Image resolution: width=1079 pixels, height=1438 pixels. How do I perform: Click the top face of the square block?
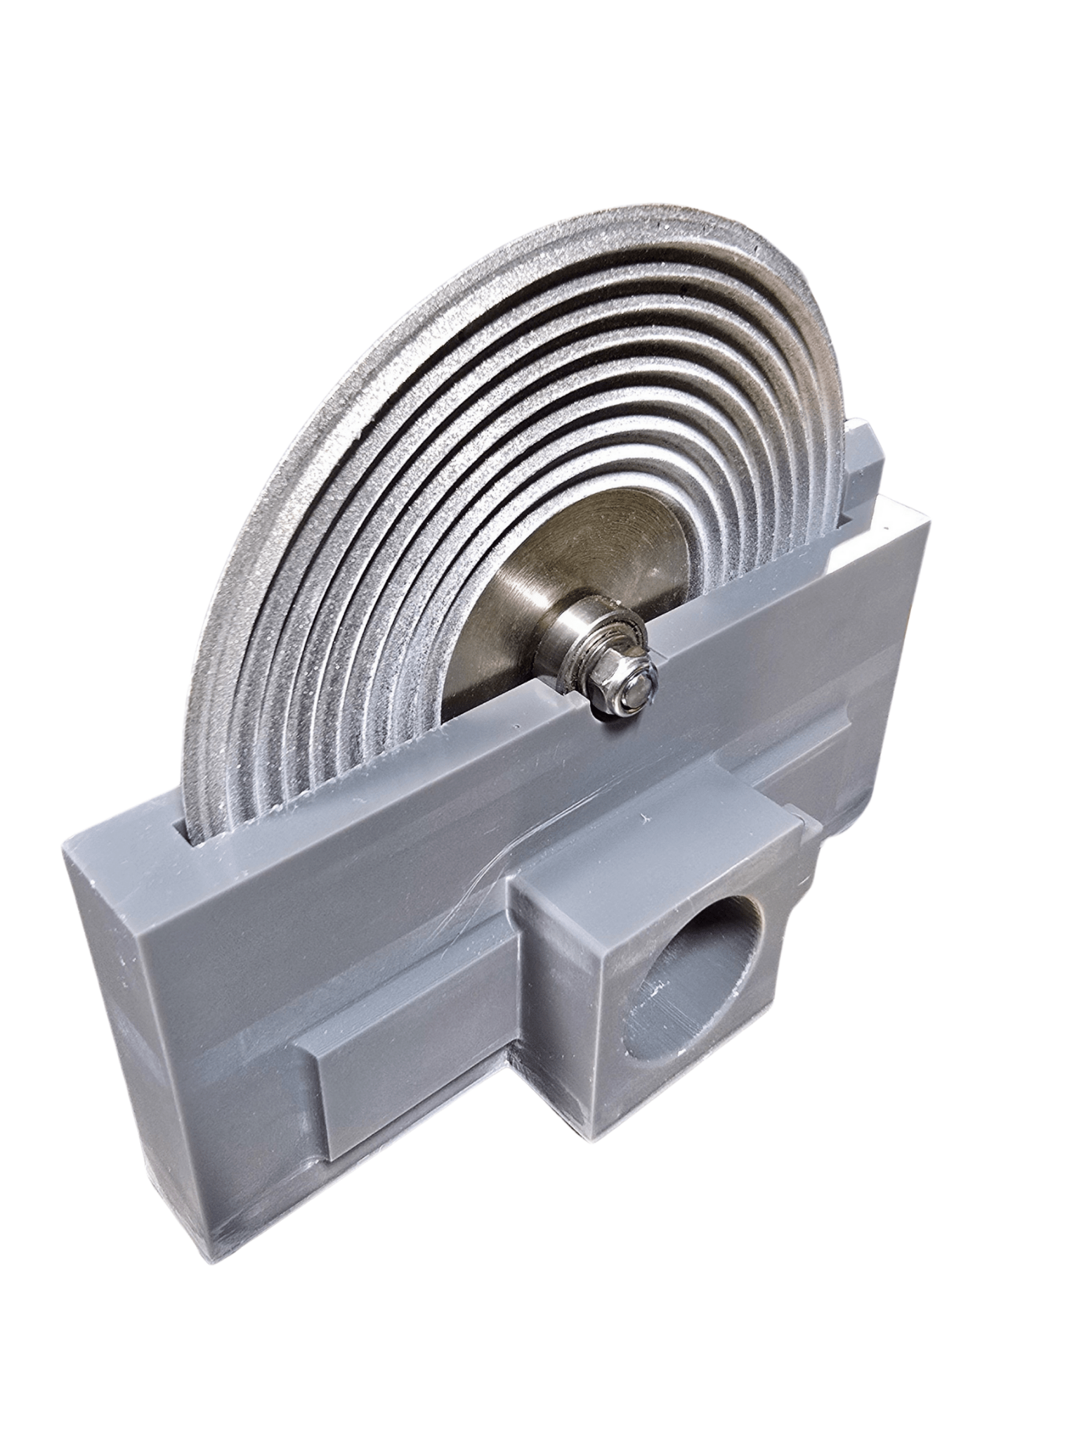653,864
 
